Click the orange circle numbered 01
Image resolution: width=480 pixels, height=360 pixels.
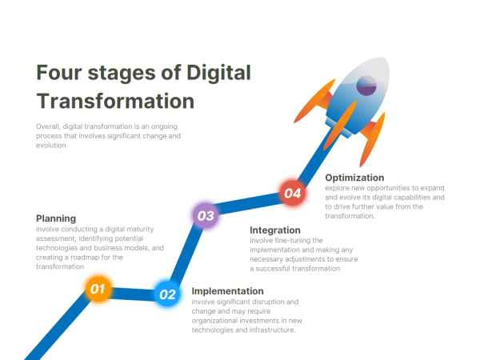(97, 288)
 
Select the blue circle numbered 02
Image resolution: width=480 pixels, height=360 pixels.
(167, 294)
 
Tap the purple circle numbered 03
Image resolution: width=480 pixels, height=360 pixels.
(206, 215)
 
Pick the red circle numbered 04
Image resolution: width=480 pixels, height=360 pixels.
(292, 193)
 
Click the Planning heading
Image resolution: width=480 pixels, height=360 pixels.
(56, 218)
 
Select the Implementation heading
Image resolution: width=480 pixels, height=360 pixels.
(227, 290)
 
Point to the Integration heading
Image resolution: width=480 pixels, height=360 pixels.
(275, 230)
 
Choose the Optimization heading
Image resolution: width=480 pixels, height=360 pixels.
(354, 178)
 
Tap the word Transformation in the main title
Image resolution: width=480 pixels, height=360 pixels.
(115, 102)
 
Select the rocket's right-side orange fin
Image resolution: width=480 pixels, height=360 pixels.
(372, 140)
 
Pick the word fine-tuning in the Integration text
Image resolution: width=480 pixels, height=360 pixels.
(287, 240)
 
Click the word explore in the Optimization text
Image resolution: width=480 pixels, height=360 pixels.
(337, 187)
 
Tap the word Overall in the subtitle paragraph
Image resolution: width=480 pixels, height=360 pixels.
(47, 126)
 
